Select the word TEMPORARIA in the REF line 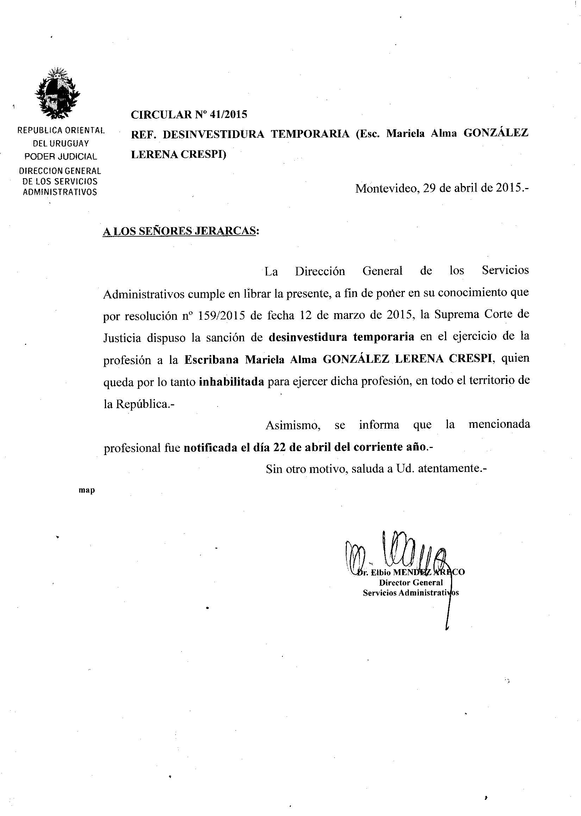310,134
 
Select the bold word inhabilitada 231,382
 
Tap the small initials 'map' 87,490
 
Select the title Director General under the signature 411,583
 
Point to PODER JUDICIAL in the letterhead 61,156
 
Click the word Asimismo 292,425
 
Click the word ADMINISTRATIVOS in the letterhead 60,192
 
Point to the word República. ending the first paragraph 144,404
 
